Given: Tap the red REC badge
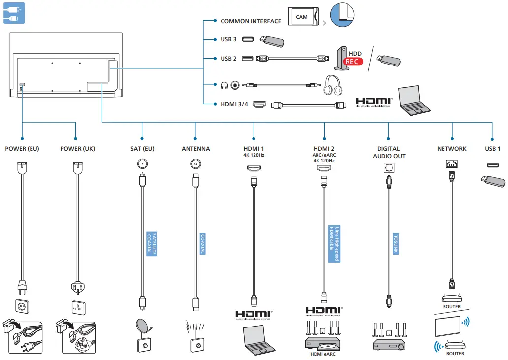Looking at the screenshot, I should (x=352, y=62).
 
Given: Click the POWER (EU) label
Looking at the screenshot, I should (x=22, y=149).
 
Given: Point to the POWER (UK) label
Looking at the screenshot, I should (x=78, y=149).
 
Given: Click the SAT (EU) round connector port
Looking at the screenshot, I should (x=142, y=164).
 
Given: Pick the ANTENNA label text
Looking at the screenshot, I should (x=195, y=149).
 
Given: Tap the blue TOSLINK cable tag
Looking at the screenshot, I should (x=395, y=244).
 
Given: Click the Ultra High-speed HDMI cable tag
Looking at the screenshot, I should (x=334, y=244).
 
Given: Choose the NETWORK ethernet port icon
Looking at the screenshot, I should (x=451, y=164).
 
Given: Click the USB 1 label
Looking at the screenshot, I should (x=492, y=149).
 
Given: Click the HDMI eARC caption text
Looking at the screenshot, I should (x=323, y=354).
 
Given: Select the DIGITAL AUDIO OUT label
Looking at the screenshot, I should (x=388, y=152).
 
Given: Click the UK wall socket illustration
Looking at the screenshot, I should (x=78, y=307).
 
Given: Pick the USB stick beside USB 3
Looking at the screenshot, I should (x=270, y=41).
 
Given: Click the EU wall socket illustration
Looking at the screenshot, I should (x=22, y=307).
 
